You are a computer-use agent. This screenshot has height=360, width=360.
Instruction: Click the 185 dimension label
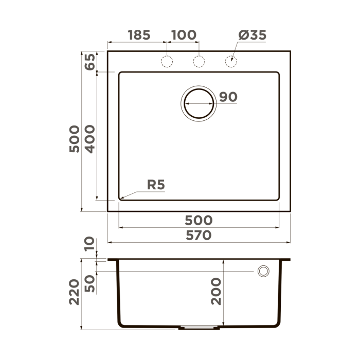(139, 35)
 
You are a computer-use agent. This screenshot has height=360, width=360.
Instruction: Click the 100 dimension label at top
(184, 35)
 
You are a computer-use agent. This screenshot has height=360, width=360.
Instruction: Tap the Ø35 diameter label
(253, 35)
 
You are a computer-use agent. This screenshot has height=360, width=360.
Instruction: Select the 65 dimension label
(89, 62)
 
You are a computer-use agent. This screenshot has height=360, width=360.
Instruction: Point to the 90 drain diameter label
(228, 97)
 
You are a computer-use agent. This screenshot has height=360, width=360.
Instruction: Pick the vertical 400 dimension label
(89, 138)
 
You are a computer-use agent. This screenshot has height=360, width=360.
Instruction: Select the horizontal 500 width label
(199, 220)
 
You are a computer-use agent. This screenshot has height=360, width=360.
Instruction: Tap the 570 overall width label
(199, 236)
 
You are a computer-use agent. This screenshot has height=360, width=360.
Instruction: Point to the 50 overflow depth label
(89, 283)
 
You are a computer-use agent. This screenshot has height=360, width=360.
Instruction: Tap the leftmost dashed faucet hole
(167, 62)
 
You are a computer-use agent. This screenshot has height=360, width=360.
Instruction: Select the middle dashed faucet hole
(199, 62)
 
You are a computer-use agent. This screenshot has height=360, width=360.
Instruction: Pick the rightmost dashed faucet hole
(231, 62)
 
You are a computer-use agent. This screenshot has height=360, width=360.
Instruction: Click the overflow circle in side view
(263, 271)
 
